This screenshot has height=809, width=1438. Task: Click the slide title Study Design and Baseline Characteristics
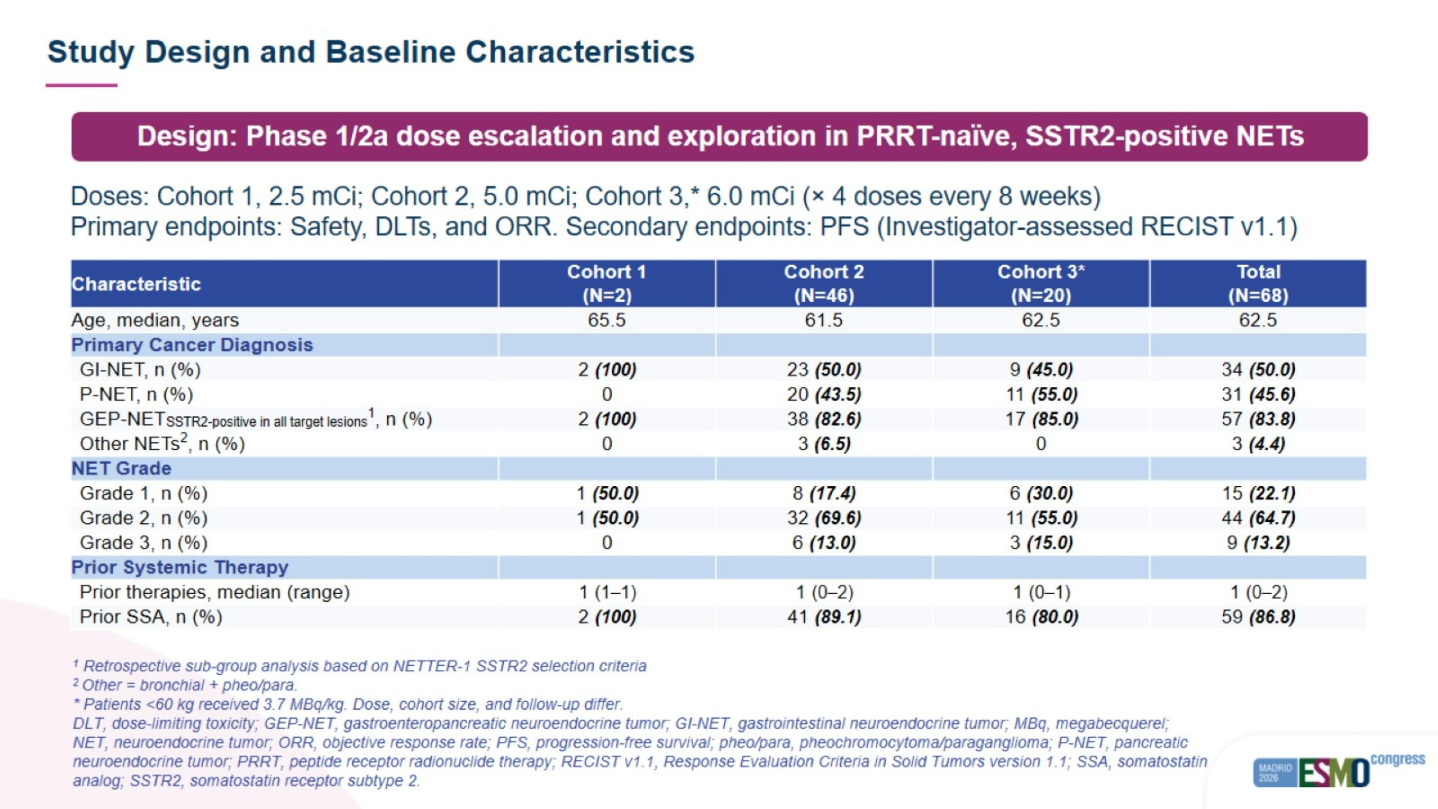coord(371,52)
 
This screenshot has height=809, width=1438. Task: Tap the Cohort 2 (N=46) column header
coord(824,283)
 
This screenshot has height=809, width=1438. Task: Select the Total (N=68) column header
coord(1258,283)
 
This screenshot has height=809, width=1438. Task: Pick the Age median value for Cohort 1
coord(607,320)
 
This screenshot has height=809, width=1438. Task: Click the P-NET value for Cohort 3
coord(1041,394)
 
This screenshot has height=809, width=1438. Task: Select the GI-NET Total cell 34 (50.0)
coord(1258,370)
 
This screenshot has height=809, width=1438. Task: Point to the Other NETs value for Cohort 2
coord(824,444)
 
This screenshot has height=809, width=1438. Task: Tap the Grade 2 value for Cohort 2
coord(824,518)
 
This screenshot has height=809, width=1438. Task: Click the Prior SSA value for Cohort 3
coord(1041,617)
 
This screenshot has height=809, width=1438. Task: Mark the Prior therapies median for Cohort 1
coord(607,592)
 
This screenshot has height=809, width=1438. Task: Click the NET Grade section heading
coord(121,469)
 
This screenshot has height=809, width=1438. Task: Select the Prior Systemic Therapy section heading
coord(180,567)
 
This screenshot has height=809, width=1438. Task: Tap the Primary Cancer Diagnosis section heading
coord(192,345)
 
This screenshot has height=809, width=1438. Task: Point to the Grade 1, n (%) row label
coord(143,493)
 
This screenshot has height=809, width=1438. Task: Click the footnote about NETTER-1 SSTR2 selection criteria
coord(359,666)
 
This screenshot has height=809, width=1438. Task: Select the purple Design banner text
coord(720,136)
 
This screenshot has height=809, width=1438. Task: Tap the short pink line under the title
coord(81,85)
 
